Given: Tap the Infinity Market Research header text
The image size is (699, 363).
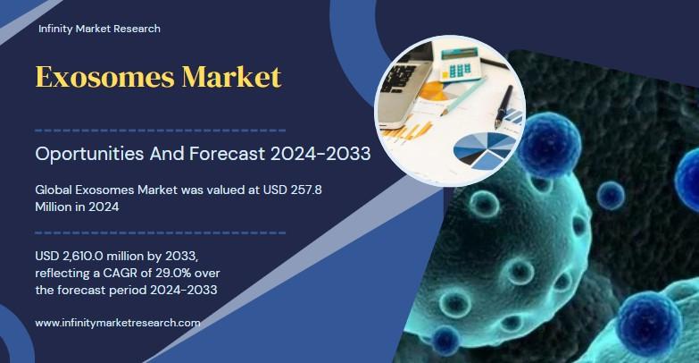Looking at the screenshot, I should coord(99,29).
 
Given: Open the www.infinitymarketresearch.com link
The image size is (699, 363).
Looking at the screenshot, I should coord(117,322).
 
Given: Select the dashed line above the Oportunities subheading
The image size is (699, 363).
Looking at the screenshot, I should coord(160,130).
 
